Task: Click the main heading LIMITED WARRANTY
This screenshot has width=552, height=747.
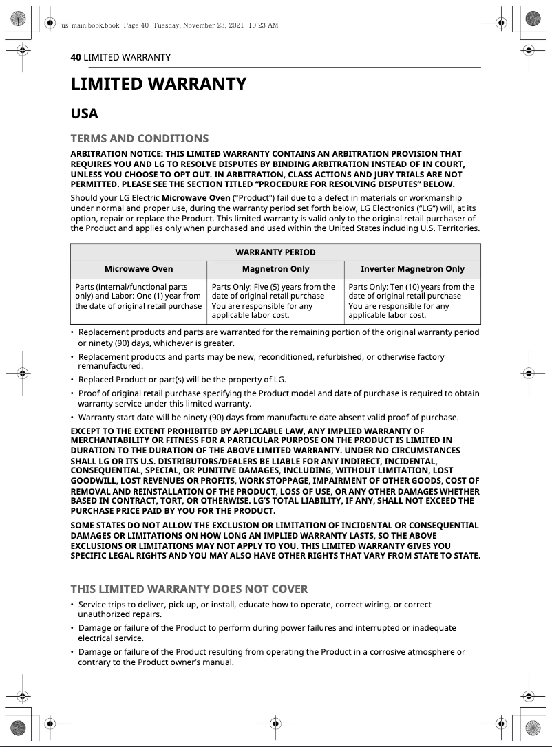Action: coord(158,85)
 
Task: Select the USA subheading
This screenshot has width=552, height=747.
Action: coord(85,113)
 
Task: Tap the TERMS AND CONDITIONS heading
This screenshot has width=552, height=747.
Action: coord(140,138)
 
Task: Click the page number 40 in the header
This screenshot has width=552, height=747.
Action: coord(76,57)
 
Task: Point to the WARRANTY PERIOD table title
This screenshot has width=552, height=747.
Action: coord(275,252)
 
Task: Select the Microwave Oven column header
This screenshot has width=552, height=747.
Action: coord(138,269)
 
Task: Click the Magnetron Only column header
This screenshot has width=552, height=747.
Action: coord(275,269)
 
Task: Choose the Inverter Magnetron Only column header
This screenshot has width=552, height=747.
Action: coord(412,269)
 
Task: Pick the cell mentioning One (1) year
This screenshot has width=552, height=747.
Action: coord(138,296)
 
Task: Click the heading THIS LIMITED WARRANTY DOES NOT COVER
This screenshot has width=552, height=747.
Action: coord(189,589)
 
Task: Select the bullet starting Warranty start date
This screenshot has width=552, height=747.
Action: coord(268,417)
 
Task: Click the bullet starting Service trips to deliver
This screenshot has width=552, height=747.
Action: coord(255,609)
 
